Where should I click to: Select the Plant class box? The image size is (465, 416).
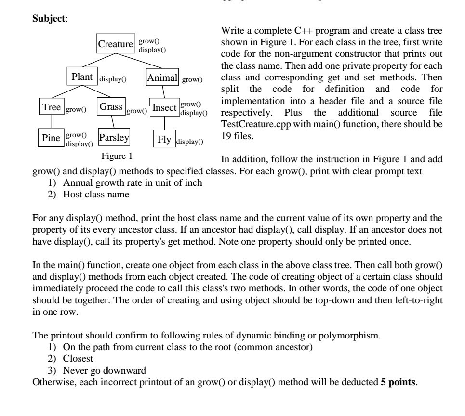[x=82, y=77]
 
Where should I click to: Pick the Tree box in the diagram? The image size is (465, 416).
[x=51, y=107]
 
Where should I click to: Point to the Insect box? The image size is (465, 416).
[x=164, y=108]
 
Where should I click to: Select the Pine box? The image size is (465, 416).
[x=51, y=138]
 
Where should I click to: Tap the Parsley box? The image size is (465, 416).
[x=114, y=138]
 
